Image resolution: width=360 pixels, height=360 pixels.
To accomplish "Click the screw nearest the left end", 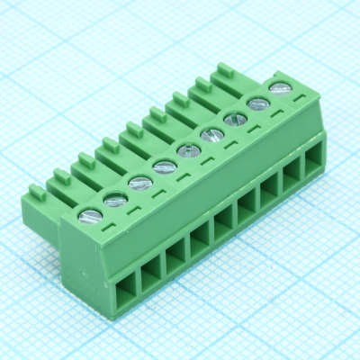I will tap(91, 215).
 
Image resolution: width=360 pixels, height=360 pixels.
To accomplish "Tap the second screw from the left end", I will tap(115, 199).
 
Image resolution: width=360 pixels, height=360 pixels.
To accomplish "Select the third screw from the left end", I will tap(139, 183).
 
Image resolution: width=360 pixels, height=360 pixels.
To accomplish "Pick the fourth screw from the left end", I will tap(164, 166).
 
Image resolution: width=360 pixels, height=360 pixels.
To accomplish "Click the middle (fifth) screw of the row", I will tap(188, 150).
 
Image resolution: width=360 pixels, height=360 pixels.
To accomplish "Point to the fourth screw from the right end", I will tap(212, 135).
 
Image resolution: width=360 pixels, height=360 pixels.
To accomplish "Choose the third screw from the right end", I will tap(236, 118).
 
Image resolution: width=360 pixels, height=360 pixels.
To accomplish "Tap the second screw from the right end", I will tap(258, 103).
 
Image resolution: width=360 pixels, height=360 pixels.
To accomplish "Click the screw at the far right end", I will tap(280, 88).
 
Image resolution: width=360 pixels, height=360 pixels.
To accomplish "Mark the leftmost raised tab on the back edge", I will tap(37, 191).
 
